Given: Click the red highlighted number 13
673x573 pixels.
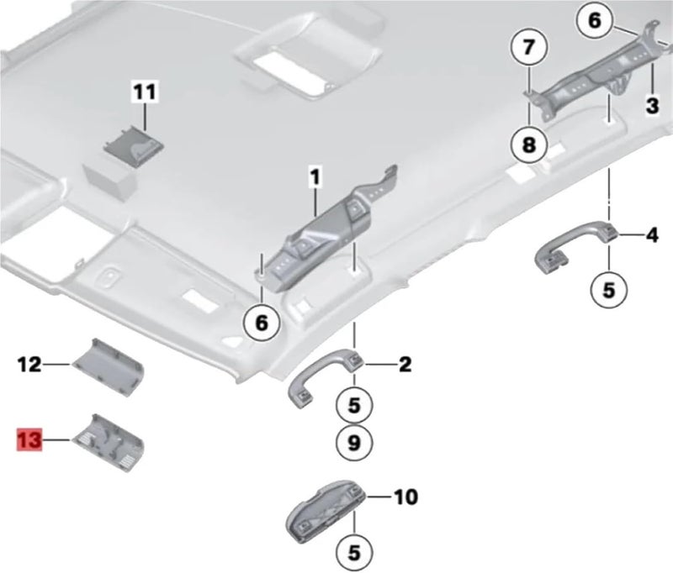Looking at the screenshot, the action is coord(29,439).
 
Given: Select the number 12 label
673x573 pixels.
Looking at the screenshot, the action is coord(29,365).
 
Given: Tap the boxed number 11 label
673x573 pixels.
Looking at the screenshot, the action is coord(145,92).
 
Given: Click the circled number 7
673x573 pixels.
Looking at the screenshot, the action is coord(529,47).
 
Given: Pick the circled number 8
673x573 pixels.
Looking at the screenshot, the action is coord(529,145).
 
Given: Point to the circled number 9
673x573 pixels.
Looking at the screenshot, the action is coord(354,442).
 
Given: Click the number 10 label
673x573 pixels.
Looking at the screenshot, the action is coord(406,497).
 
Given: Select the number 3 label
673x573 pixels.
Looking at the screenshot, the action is coord(653,105).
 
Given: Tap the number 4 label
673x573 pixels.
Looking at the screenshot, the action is coord(653,235).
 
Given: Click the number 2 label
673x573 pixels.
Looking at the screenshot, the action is coord(405,365).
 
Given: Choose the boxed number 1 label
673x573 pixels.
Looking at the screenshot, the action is coord(315,177).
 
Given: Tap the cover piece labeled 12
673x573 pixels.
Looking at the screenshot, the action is coord(108,367).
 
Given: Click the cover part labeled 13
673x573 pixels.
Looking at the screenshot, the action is coord(109,442).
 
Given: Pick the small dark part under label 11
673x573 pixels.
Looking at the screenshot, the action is coord(134,145).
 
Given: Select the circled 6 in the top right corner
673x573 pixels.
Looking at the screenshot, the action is coord(595,20).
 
